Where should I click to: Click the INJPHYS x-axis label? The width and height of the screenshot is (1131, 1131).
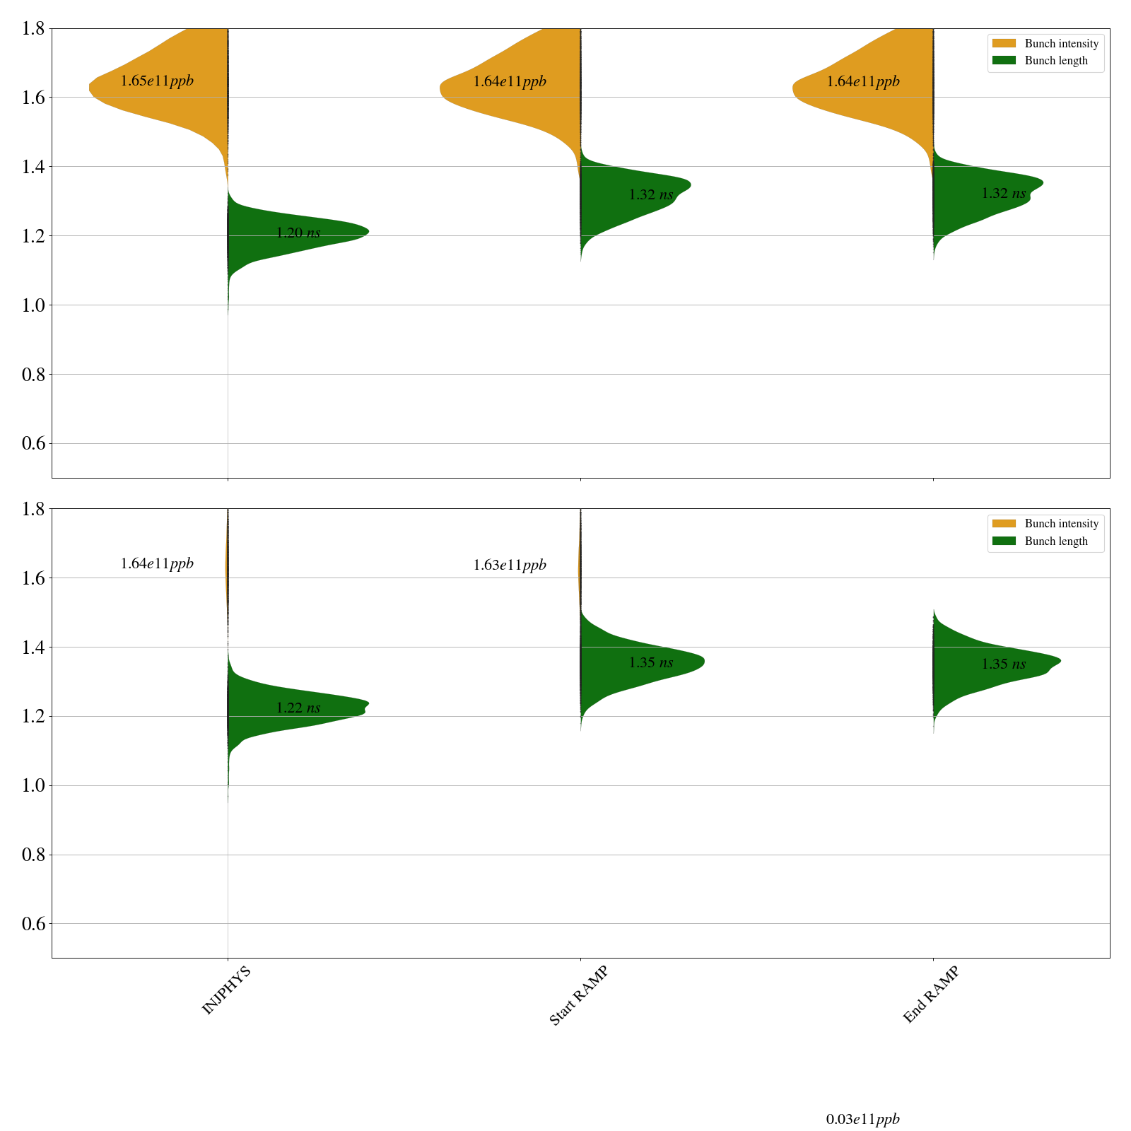pos(226,990)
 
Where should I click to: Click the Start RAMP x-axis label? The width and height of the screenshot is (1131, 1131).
pos(578,995)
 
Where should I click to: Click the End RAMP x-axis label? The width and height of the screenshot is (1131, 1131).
pos(931,995)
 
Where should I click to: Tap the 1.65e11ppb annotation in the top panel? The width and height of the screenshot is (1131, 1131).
pos(157,81)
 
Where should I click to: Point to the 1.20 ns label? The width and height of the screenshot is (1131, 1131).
pos(298,233)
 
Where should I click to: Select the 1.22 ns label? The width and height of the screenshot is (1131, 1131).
pos(298,708)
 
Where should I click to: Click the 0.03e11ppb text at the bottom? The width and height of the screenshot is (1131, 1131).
pos(862,1119)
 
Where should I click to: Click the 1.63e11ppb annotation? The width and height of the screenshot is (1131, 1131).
pos(510,565)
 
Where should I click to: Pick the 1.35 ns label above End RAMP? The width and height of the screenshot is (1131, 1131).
pos(1003,664)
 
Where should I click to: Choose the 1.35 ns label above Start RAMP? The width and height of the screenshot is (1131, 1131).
pos(650,662)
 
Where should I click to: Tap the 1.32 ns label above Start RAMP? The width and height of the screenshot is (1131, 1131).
pos(650,194)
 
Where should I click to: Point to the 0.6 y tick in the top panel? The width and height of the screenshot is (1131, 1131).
pos(33,443)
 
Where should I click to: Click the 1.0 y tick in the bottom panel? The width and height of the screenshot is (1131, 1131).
pos(33,785)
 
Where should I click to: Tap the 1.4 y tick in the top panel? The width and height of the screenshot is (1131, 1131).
pos(33,167)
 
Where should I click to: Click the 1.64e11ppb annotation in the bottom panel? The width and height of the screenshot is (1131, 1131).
pos(157,563)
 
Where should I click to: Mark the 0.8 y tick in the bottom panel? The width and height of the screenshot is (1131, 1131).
pos(33,855)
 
